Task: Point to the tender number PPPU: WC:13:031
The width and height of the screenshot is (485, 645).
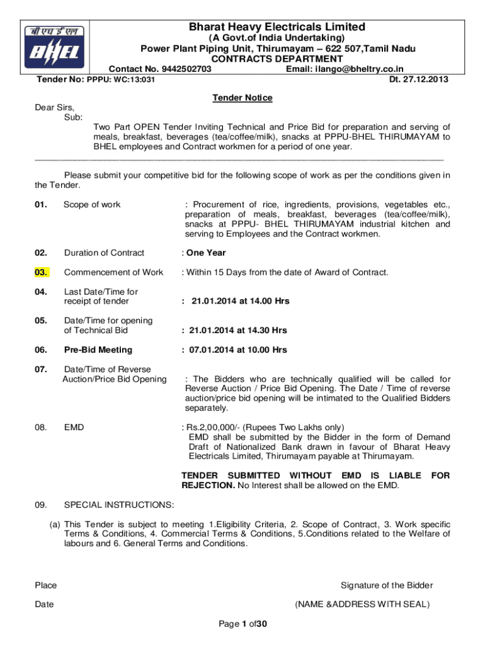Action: [x=122, y=79]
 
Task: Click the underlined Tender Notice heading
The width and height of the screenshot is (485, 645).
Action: [x=243, y=98]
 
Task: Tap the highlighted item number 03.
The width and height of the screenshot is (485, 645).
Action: [x=42, y=272]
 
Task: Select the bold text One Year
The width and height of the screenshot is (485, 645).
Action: [x=205, y=253]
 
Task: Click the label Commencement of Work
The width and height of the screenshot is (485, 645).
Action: [x=113, y=272]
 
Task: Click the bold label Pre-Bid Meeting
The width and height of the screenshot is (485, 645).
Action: [x=98, y=350]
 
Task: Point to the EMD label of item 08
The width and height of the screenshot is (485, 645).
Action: [x=74, y=427]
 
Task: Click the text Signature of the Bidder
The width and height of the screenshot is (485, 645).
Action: [x=387, y=585]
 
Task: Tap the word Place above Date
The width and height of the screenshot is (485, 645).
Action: [x=46, y=585]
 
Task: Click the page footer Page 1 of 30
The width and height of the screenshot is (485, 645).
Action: [x=243, y=624]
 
